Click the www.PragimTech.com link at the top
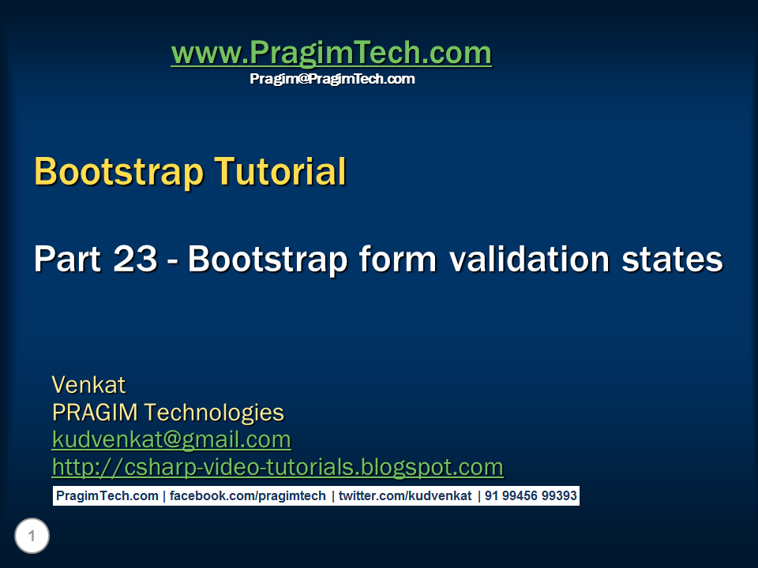[332, 53]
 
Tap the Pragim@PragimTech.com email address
[332, 79]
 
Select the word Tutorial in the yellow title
[280, 171]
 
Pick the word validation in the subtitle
[529, 259]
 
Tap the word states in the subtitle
[672, 260]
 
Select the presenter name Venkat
[89, 385]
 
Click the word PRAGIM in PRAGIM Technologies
[95, 413]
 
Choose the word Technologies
[214, 413]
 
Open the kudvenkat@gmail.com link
[171, 440]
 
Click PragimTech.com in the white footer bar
[107, 496]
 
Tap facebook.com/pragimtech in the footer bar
[247, 496]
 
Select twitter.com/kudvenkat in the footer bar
[405, 496]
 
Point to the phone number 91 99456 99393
[531, 496]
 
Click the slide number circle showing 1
[32, 536]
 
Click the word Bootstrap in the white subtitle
[268, 259]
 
